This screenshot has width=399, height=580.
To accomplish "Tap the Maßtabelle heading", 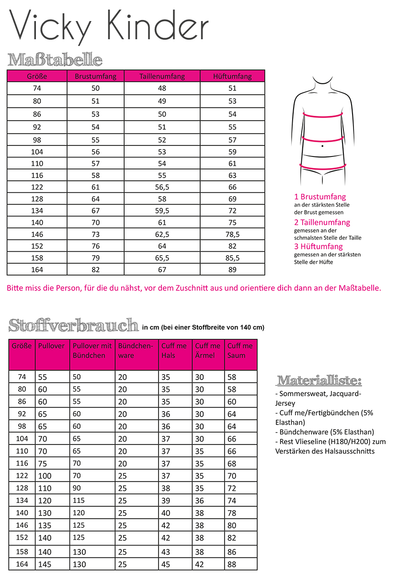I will [55, 60].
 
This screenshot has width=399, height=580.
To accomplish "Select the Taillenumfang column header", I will [162, 76].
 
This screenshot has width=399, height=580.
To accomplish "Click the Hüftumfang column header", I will [232, 76].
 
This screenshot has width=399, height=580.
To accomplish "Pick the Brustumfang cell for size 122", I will [96, 187].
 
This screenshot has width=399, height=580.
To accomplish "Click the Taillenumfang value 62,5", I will [162, 234].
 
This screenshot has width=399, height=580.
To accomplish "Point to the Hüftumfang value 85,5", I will [232, 258].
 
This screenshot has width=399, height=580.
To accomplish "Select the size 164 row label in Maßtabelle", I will [37, 269].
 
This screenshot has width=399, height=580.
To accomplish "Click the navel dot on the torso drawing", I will [323, 145].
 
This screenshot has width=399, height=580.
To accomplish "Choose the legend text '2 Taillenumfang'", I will [322, 223].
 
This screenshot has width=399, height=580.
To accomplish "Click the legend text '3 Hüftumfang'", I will [319, 246].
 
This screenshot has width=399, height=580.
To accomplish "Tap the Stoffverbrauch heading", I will [73, 325].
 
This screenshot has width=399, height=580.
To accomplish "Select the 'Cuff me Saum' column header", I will [240, 351].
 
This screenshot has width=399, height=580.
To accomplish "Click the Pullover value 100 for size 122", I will [45, 476].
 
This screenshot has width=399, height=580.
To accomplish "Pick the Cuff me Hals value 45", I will [166, 564].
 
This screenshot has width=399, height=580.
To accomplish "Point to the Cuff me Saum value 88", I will [232, 564].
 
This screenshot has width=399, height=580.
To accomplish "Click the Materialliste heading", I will [319, 381].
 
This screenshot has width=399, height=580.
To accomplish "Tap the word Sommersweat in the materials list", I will [301, 394].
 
